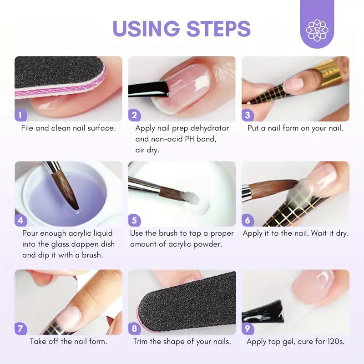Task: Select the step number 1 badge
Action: click(x=20, y=115)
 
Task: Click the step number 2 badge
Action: click(x=134, y=115)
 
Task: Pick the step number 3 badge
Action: click(x=247, y=115)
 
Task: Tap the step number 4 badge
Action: click(x=20, y=221)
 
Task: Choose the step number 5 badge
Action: click(x=134, y=221)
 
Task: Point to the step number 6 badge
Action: click(x=247, y=221)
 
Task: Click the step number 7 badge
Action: click(x=20, y=329)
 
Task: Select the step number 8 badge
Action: click(x=134, y=329)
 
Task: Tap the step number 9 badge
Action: click(x=247, y=329)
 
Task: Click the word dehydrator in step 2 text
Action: click(x=209, y=128)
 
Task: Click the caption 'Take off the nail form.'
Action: click(x=69, y=341)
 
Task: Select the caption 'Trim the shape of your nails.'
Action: click(x=182, y=341)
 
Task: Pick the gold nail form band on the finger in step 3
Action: click(x=329, y=73)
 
